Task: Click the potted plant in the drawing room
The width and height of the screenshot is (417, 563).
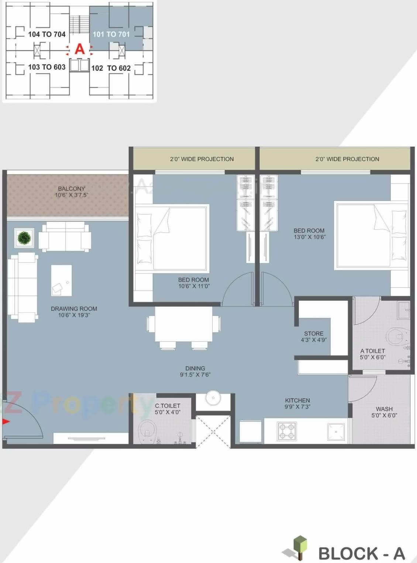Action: (24, 238)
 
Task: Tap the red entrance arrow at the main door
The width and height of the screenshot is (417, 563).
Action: (6, 422)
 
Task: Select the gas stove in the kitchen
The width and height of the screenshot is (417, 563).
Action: (287, 431)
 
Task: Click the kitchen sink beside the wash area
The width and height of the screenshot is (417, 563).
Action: (336, 432)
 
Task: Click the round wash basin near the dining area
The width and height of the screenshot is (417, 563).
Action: (213, 398)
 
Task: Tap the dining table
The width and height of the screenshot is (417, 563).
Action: (183, 324)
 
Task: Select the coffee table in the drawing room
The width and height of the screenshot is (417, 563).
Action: (61, 280)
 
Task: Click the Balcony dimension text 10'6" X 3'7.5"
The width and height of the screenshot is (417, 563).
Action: (72, 195)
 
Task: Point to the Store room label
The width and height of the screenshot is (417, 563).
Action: (314, 333)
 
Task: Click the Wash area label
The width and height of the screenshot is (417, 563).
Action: (384, 409)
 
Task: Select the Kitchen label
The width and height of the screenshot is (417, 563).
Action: (297, 401)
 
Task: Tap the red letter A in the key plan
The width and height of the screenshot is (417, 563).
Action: (79, 49)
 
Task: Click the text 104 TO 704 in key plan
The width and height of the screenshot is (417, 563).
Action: (47, 34)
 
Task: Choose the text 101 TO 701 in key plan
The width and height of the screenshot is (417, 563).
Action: (111, 34)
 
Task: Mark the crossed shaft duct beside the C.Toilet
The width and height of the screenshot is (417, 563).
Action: (213, 431)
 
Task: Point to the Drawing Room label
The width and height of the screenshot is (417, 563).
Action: (74, 309)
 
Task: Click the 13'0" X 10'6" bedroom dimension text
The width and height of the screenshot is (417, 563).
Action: (309, 237)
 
